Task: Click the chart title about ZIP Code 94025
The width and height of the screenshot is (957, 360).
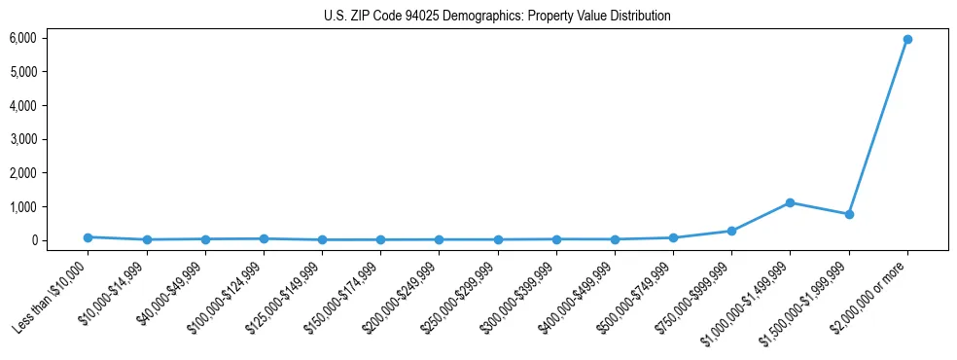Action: click(x=497, y=17)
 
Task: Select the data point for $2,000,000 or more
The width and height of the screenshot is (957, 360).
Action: click(x=907, y=39)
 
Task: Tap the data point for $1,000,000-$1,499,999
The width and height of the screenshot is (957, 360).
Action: click(x=790, y=202)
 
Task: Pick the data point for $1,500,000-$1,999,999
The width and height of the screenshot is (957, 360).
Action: click(x=849, y=214)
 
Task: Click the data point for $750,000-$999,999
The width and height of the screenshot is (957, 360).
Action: click(x=731, y=231)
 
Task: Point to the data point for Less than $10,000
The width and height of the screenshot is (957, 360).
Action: click(x=88, y=237)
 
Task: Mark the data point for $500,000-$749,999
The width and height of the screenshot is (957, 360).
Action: click(x=673, y=237)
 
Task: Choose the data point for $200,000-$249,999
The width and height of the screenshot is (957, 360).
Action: click(x=439, y=239)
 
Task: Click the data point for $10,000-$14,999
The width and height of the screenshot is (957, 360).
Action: click(x=146, y=239)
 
